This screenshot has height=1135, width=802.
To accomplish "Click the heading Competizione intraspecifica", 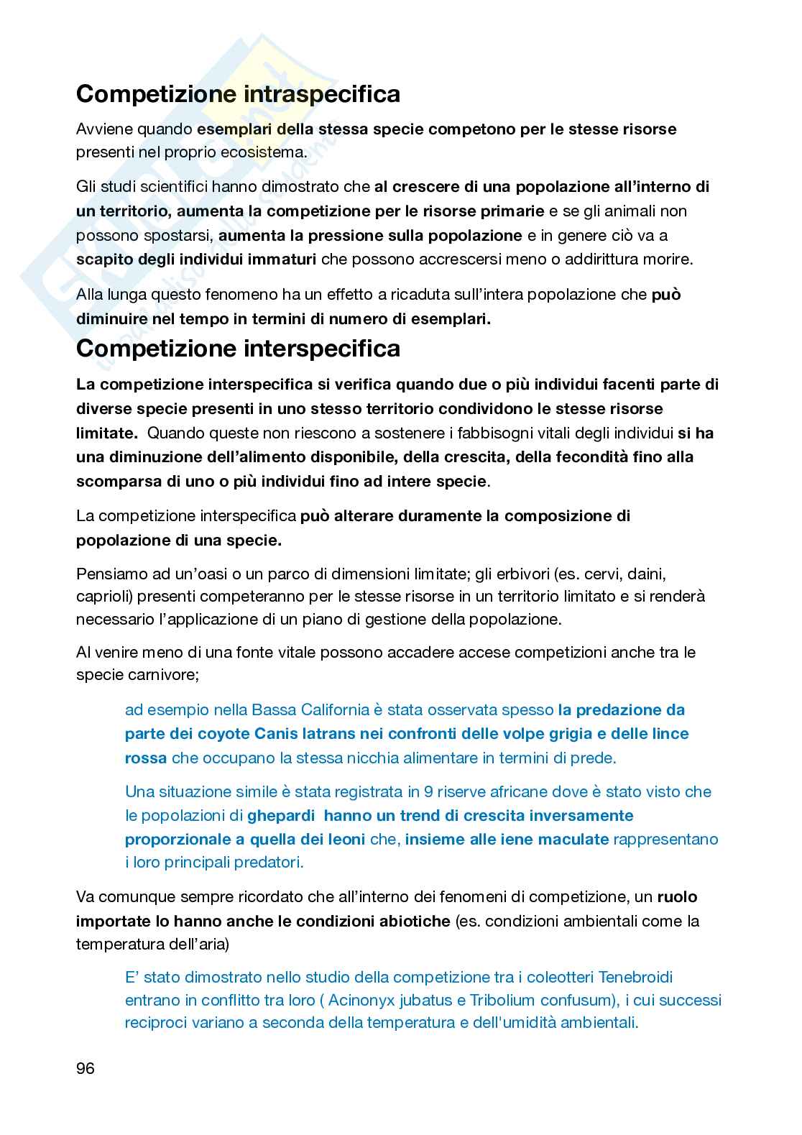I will tap(238, 94).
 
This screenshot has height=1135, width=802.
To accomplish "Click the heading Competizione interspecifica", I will tap(238, 349).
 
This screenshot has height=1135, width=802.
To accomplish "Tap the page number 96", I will tap(86, 1068).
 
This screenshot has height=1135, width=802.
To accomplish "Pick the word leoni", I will tap(344, 839).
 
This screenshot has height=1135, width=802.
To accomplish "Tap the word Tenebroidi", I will tap(636, 977).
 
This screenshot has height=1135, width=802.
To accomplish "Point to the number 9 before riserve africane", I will tap(428, 792).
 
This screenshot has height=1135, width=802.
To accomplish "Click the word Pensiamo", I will tap(109, 574).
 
